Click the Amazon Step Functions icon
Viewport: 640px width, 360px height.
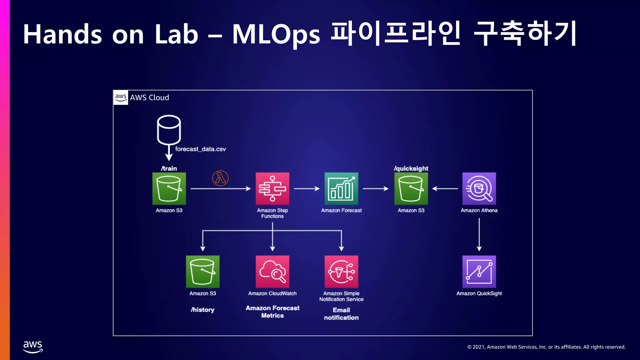point(272,188)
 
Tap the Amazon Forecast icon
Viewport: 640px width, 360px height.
point(341,188)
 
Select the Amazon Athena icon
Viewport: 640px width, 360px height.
point(479,188)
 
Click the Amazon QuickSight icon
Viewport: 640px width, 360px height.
point(479,272)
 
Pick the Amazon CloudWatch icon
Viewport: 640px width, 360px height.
point(272,272)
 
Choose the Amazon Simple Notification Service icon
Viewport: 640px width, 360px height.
point(341,272)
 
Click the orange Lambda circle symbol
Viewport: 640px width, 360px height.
point(220,178)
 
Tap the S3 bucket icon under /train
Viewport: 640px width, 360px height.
point(169,188)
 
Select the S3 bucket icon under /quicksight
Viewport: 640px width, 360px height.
point(411,188)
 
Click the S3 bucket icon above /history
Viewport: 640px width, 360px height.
point(202,272)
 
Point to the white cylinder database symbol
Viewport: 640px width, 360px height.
point(169,130)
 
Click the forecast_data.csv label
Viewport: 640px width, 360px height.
point(200,149)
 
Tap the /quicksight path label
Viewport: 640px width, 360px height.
point(411,168)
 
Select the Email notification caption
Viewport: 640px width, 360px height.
point(341,314)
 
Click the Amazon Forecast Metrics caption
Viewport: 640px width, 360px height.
point(272,312)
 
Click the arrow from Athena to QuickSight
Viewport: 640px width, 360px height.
point(479,234)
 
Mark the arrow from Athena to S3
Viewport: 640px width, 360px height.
point(445,188)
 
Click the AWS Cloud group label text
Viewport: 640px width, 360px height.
point(149,97)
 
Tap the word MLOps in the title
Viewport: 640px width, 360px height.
point(276,34)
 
